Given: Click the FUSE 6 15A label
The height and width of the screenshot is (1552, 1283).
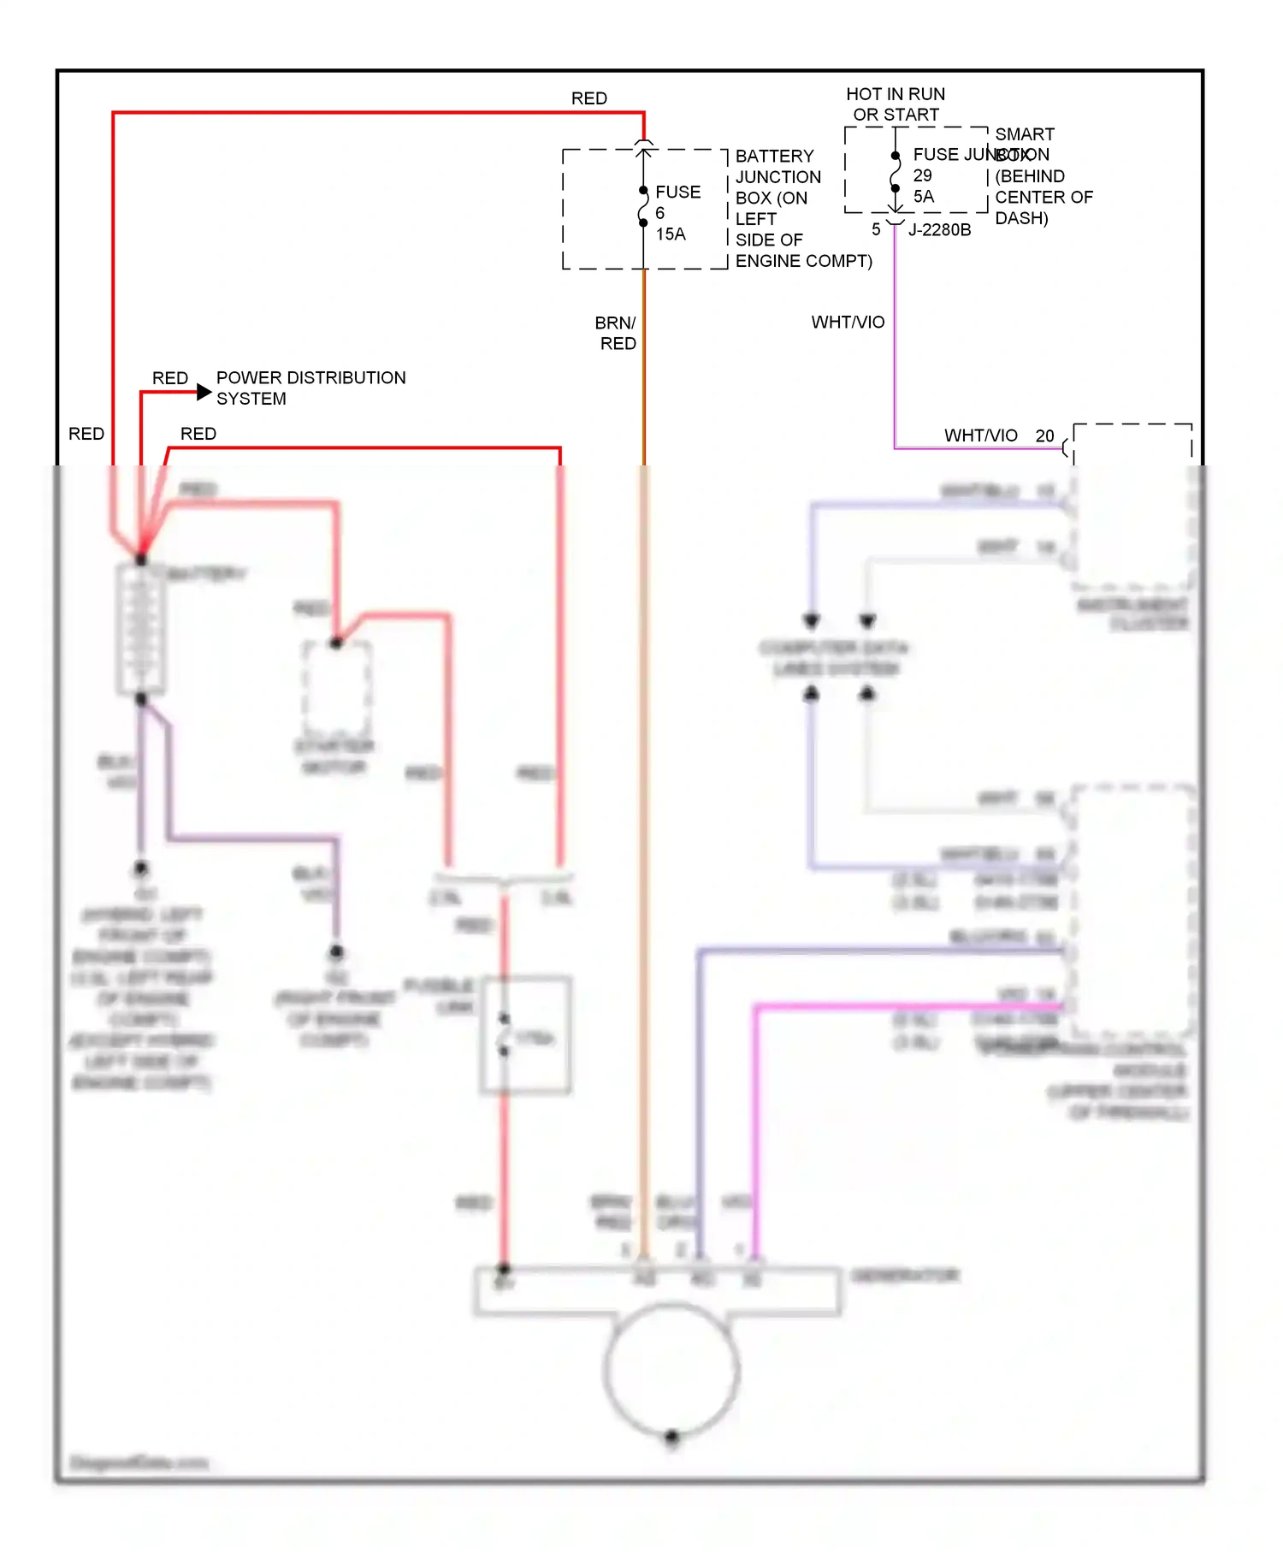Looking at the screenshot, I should coord(677,213).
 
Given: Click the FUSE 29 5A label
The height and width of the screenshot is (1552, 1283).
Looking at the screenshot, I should coord(924,175).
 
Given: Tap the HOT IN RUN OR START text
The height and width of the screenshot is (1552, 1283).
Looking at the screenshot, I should coord(896,104).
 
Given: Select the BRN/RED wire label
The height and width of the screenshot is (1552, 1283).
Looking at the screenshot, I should coord(617,333).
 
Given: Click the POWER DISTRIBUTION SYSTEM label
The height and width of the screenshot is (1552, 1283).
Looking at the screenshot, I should coord(310,388).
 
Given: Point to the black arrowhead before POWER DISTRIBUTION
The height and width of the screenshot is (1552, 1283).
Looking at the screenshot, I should coord(204,392).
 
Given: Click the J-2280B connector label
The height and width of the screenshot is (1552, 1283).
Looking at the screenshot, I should coord(939,229).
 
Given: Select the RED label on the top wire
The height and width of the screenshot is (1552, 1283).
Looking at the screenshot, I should coord(588,98).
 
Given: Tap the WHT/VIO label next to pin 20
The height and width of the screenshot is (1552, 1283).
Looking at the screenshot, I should coord(980,435).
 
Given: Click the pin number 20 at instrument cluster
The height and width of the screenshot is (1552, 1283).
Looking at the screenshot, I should coord(1044,435).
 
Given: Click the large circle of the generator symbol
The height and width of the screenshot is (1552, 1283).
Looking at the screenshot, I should coord(671,1369).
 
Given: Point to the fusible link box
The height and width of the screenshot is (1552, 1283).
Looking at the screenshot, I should coord(525,1035).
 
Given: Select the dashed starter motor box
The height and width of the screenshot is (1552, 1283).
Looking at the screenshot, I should coord(336,689).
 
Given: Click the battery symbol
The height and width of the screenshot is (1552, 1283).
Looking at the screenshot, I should coord(141,629).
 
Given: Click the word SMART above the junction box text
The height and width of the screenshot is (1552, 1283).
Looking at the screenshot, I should coord(1025,134).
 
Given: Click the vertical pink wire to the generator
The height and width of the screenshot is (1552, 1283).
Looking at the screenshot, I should coord(756,1129).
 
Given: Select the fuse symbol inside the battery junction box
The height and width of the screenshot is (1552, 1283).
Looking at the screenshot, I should coord(643,207).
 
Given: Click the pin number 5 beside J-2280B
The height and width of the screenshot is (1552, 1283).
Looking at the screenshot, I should coord(876,229).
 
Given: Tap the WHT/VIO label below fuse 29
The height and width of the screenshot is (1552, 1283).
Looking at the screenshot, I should coord(848,323).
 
